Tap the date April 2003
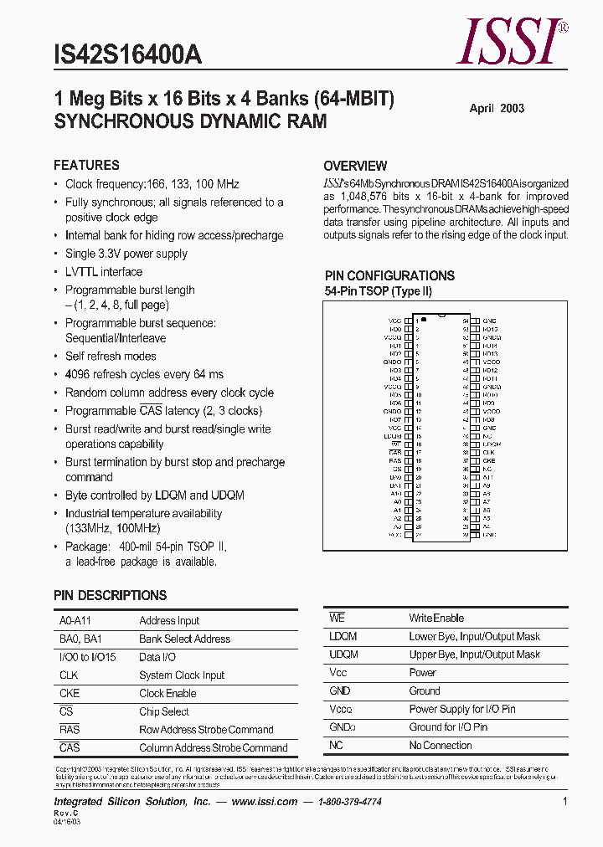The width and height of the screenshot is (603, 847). pos(497,109)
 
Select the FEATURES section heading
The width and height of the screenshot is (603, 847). pos(86,166)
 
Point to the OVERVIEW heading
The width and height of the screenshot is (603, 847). pos(355,166)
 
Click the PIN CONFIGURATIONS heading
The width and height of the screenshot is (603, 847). pos(389,275)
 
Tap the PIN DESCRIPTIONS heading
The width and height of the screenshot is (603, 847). pos(110,596)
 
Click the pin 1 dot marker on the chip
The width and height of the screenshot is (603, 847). pos(424,320)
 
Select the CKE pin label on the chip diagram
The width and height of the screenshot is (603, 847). pos(488,461)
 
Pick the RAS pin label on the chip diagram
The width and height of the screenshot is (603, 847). pos(394,461)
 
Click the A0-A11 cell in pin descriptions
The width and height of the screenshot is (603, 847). pos(72,621)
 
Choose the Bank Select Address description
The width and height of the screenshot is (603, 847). pos(184,639)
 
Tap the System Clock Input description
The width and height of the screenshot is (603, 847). pos(182,675)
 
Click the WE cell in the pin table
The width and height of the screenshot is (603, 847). pos(337,619)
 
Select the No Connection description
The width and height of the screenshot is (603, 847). pos(441,746)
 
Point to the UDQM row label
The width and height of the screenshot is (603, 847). pos(343,654)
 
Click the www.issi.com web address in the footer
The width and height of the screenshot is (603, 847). pos(265,802)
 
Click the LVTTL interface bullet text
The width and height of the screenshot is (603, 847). pos(104,272)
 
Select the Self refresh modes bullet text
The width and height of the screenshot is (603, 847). pos(111,357)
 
